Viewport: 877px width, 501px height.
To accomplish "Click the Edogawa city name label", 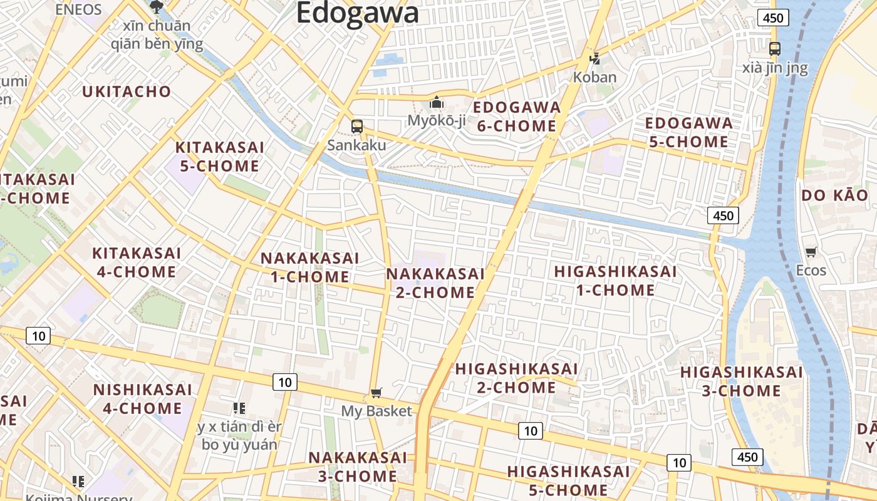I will pyautogui.click(x=357, y=13).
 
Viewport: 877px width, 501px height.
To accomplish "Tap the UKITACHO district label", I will pyautogui.click(x=127, y=91).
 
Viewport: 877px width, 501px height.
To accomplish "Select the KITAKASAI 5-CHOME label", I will pyautogui.click(x=219, y=157).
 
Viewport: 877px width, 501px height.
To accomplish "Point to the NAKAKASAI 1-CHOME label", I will pyautogui.click(x=309, y=267).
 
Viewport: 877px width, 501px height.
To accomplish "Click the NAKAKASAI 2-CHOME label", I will pyautogui.click(x=435, y=283).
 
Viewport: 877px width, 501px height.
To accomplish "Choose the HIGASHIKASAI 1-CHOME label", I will pyautogui.click(x=615, y=281).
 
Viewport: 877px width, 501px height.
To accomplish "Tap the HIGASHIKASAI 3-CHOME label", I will pyautogui.click(x=741, y=381).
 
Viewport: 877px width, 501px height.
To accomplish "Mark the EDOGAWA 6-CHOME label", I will pyautogui.click(x=517, y=116).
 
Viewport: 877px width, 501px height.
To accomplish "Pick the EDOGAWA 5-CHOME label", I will pyautogui.click(x=688, y=132).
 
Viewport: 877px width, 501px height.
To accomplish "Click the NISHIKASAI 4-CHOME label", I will pyautogui.click(x=142, y=399).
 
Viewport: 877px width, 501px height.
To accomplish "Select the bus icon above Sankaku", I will pyautogui.click(x=356, y=126).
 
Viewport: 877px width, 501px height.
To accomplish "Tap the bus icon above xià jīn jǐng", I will pyautogui.click(x=775, y=48).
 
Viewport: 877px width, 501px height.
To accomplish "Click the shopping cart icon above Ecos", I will pyautogui.click(x=811, y=252).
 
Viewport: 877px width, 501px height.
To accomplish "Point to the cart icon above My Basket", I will pyautogui.click(x=376, y=393).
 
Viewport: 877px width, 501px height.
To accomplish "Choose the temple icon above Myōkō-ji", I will pyautogui.click(x=437, y=102).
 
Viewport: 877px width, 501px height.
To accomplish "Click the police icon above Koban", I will pyautogui.click(x=595, y=59).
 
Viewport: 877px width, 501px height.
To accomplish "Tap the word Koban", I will pyautogui.click(x=595, y=78).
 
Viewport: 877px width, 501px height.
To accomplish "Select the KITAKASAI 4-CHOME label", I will pyautogui.click(x=136, y=262).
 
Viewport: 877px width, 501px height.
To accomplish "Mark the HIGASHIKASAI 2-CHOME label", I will pyautogui.click(x=516, y=378).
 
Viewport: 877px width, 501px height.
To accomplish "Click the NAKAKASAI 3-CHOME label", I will pyautogui.click(x=357, y=467).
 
